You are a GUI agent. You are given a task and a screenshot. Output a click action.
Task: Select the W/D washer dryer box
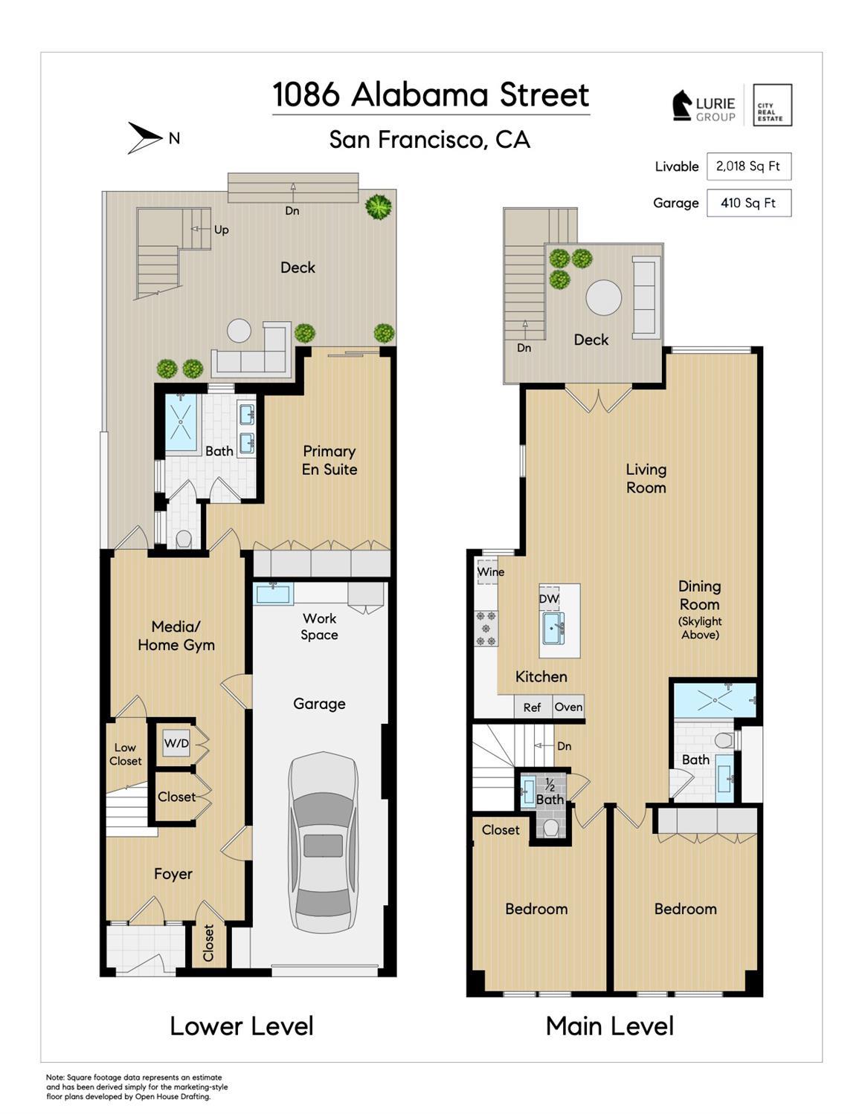pyautogui.click(x=176, y=743)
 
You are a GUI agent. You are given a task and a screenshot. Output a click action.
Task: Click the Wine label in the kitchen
pyautogui.click(x=491, y=571)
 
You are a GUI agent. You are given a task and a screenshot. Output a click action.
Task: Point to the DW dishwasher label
pyautogui.click(x=548, y=599)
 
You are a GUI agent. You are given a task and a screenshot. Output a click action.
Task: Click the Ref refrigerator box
pyautogui.click(x=533, y=707)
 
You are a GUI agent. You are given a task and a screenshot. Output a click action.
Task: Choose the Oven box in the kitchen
pyautogui.click(x=568, y=707)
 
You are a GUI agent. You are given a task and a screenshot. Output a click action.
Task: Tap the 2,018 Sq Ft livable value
pyautogui.click(x=748, y=166)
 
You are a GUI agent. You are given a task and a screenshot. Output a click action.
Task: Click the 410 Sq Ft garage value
pyautogui.click(x=748, y=203)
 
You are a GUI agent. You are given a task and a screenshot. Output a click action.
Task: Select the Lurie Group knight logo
pyautogui.click(x=683, y=106)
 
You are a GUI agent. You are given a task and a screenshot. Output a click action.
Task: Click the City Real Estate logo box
pyautogui.click(x=772, y=105)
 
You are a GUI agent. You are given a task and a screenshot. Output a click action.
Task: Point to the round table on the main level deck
pyautogui.click(x=604, y=297)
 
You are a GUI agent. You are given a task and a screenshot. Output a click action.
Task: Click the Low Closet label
pyautogui.click(x=125, y=754)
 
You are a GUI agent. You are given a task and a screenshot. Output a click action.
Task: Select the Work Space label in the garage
pyautogui.click(x=319, y=626)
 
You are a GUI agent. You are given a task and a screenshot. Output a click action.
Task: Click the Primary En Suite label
pyautogui.click(x=329, y=460)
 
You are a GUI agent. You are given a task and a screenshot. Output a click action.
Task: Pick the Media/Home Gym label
pyautogui.click(x=176, y=635)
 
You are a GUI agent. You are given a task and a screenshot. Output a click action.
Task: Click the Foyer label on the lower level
pyautogui.click(x=173, y=874)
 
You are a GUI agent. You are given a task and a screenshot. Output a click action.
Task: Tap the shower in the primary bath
pyautogui.click(x=181, y=422)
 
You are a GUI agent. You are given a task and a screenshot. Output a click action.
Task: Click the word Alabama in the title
pyautogui.click(x=420, y=94)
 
